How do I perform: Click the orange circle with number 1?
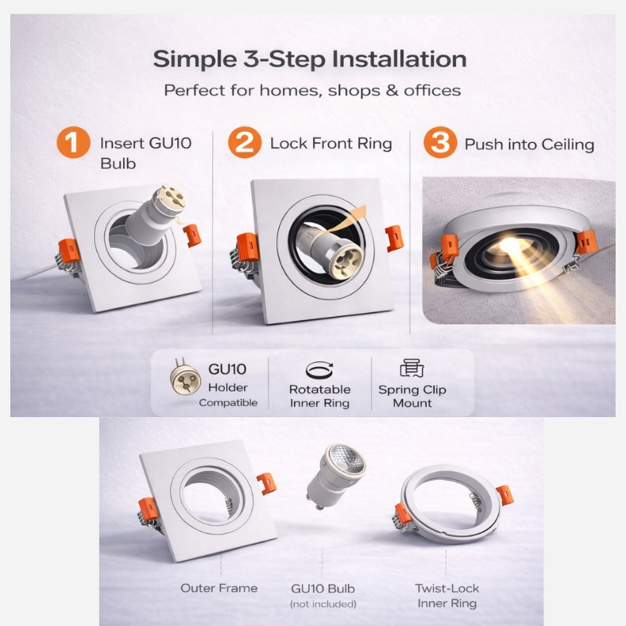[x=73, y=142]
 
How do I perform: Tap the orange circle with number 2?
[x=245, y=142]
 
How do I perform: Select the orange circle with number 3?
[x=440, y=142]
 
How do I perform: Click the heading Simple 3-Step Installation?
[x=310, y=59]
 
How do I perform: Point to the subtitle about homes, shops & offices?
[x=312, y=91]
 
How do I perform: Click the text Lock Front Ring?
[x=331, y=144]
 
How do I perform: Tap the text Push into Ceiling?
[x=529, y=145]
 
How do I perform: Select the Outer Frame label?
[x=218, y=588]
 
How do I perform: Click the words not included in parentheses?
[x=323, y=604]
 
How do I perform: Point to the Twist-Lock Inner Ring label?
[x=447, y=596]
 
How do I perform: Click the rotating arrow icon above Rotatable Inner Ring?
[x=319, y=370]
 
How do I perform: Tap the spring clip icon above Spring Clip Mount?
[x=412, y=368]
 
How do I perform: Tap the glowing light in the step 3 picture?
[x=509, y=244]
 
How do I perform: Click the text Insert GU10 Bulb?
[x=145, y=153]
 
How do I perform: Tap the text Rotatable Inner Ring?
[x=320, y=396]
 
